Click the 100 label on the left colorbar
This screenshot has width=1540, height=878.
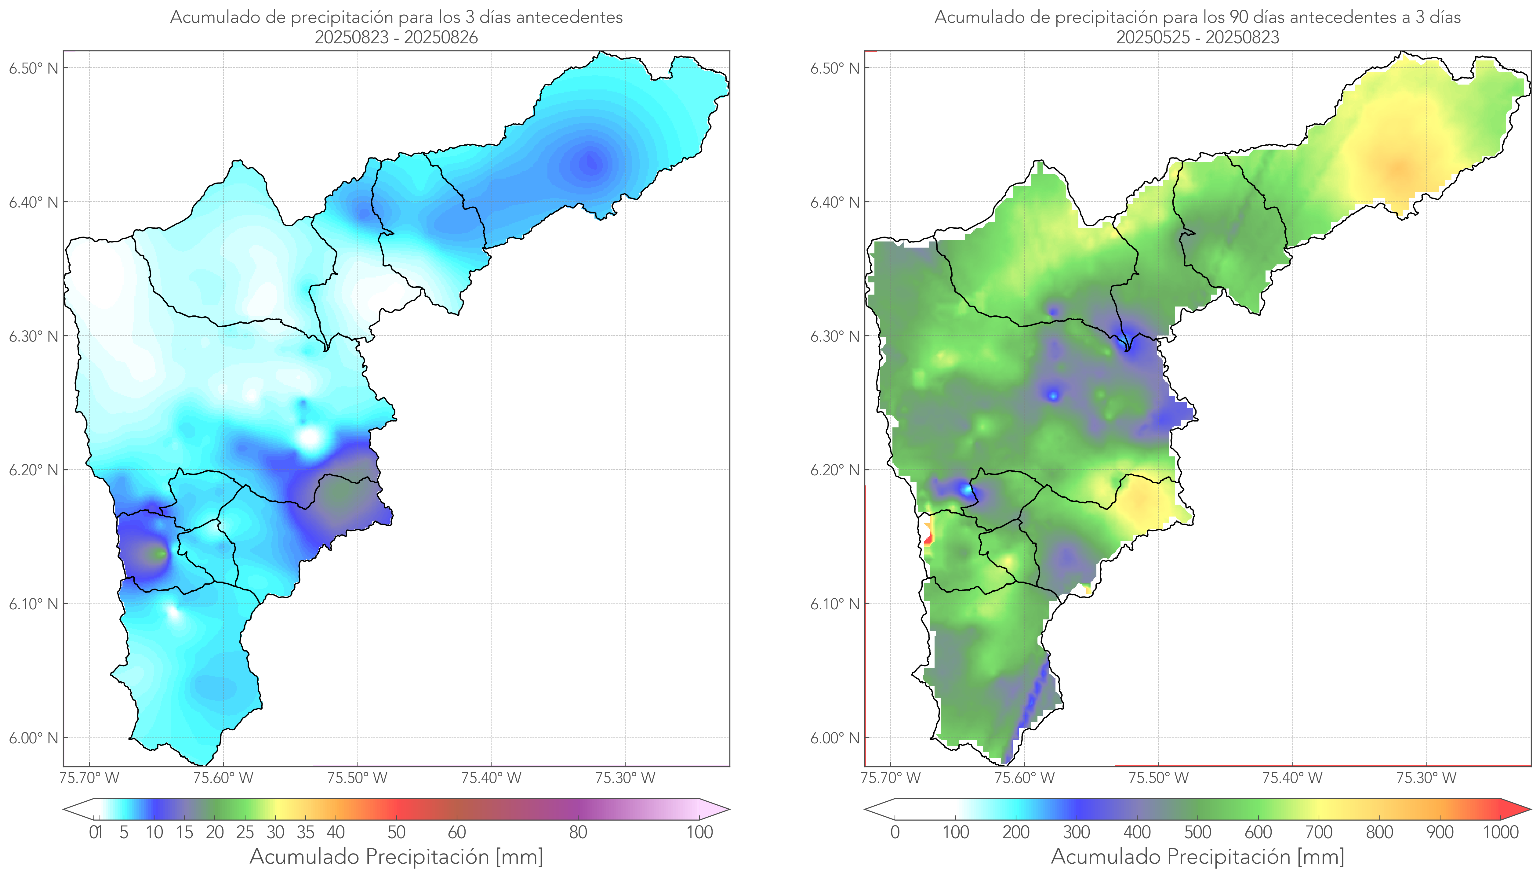(699, 833)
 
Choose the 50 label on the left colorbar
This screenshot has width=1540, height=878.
(396, 833)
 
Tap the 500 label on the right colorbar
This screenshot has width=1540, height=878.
(1197, 833)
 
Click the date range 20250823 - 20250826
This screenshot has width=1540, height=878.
(396, 37)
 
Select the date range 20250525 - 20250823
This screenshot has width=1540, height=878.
(1197, 37)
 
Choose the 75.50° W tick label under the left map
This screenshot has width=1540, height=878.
(357, 778)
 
